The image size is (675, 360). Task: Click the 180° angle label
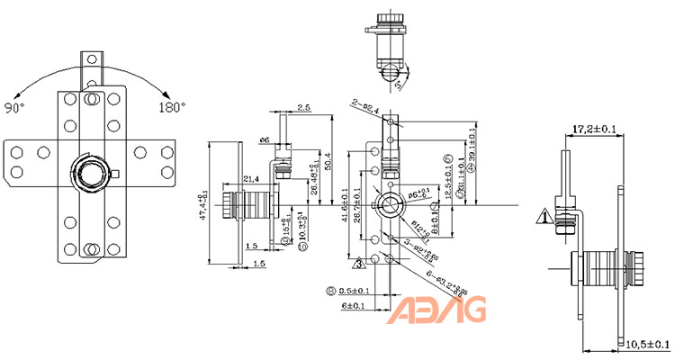click(172, 107)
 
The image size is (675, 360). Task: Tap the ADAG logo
click(438, 310)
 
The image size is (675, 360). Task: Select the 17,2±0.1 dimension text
click(596, 130)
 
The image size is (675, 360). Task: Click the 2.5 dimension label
click(304, 109)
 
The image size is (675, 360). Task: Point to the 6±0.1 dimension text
click(354, 306)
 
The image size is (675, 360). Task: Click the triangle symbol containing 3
click(357, 264)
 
